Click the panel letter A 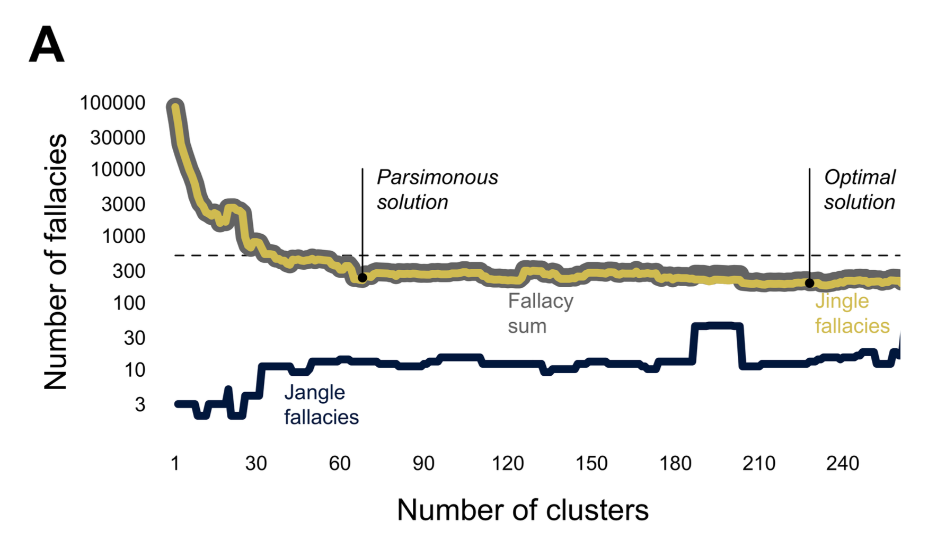(x=47, y=45)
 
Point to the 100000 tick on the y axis (x=112, y=103)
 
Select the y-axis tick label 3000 (x=123, y=204)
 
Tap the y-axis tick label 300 (x=129, y=271)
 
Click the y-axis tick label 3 (x=140, y=404)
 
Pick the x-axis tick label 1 (x=175, y=464)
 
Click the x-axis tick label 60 (x=340, y=464)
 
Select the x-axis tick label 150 (x=591, y=464)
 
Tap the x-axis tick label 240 (x=843, y=464)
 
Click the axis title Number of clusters (x=523, y=510)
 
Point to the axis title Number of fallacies (x=56, y=262)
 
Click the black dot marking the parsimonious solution (x=363, y=278)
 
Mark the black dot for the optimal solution (x=809, y=284)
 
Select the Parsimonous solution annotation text (x=437, y=190)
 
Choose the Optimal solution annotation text (x=860, y=190)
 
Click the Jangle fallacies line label (x=321, y=405)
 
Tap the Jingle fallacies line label (x=852, y=313)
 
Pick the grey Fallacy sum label (x=540, y=313)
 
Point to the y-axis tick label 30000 (x=118, y=138)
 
